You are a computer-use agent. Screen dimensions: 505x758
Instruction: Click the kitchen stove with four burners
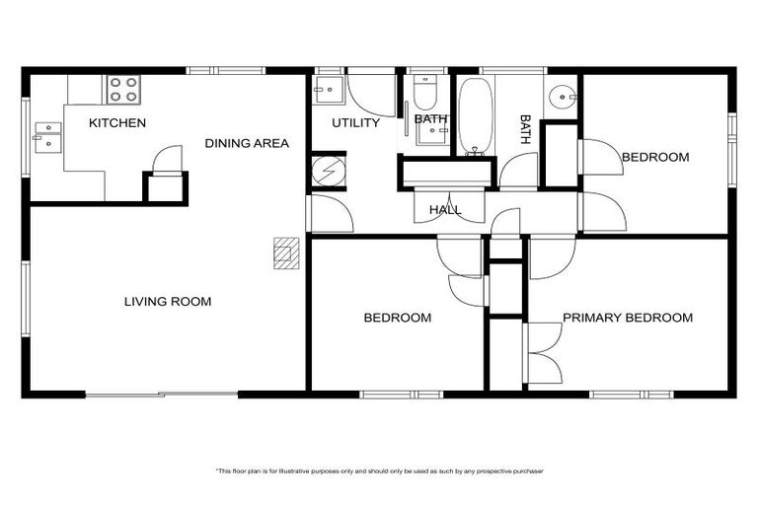coord(123,90)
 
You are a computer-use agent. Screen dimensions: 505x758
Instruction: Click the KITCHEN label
coord(117,123)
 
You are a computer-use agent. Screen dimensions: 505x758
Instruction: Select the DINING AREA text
coord(247,144)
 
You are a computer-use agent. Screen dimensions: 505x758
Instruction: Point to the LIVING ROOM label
coord(168,302)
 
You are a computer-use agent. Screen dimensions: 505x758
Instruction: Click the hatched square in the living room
coord(285,252)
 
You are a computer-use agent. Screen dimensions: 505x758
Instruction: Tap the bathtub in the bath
coord(477,116)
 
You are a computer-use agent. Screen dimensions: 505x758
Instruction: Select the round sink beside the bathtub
coord(563,97)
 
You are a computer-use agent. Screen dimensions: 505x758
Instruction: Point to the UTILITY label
coord(355,123)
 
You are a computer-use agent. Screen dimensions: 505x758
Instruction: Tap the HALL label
coord(445,210)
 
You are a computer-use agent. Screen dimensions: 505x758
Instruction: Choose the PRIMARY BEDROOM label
coord(627,318)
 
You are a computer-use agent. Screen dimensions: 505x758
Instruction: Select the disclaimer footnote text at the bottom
coord(379,471)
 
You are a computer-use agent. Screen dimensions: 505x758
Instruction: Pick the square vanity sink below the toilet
coord(429,134)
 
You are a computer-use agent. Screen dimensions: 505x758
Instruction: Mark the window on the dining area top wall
coord(226,70)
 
